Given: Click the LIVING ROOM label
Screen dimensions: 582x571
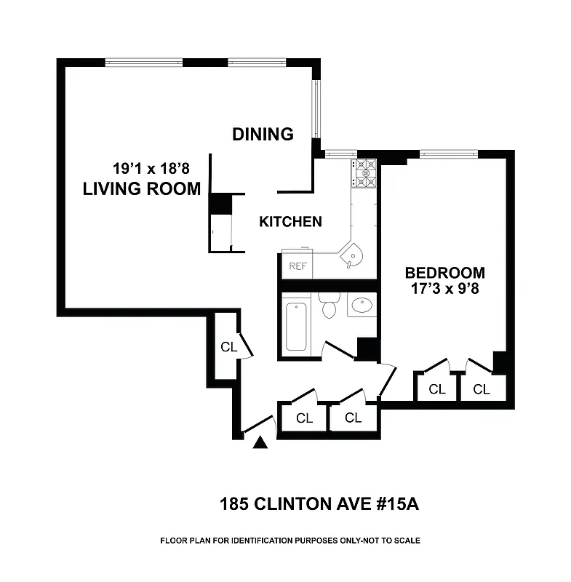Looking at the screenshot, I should (142, 189).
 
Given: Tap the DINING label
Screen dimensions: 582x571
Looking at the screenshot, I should (263, 134).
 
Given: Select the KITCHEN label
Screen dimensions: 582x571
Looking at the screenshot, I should (290, 222).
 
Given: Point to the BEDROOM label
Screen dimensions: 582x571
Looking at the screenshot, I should (444, 273).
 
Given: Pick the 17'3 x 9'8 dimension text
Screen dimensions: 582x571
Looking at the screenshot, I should (445, 288).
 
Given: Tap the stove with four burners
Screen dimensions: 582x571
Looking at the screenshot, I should (364, 173).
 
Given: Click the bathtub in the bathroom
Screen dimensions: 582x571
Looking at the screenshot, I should (296, 326).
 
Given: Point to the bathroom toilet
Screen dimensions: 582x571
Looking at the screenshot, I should (330, 306).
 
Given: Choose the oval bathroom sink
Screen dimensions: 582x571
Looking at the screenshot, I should (361, 306).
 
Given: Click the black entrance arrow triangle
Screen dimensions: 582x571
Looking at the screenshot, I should (260, 441).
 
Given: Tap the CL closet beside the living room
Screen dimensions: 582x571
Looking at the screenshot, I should (228, 347).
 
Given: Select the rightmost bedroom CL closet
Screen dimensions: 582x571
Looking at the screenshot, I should (482, 389).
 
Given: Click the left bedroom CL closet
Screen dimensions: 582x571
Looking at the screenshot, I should (436, 389).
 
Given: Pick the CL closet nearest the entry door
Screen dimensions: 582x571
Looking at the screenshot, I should (304, 418).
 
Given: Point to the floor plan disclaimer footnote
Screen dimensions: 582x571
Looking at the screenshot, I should (290, 541).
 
